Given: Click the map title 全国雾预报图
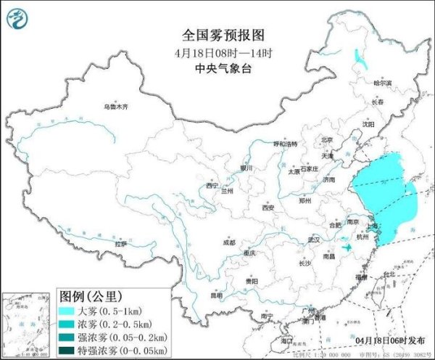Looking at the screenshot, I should [216, 35].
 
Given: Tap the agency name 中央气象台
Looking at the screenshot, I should [216, 70].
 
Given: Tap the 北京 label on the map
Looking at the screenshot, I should [327, 140].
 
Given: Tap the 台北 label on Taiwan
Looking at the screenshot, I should [389, 274].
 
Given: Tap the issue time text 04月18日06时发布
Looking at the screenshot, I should [389, 339].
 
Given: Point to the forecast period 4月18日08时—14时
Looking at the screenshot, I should [216, 53].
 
